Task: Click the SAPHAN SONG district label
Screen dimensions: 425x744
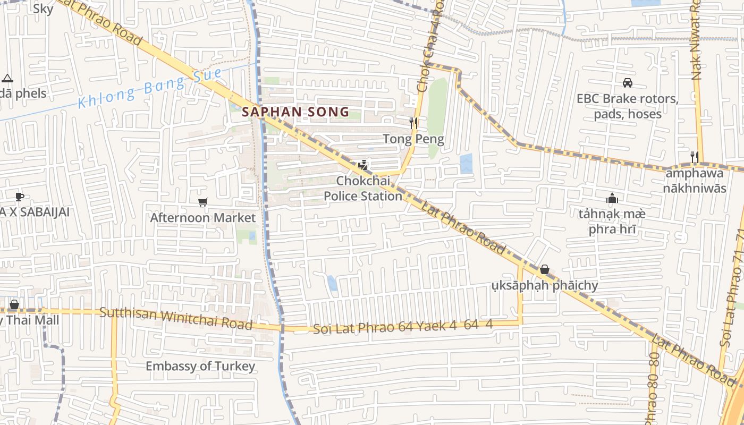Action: point(295,112)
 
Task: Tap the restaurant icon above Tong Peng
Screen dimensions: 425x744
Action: point(413,123)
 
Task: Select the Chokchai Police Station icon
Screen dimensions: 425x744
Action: point(363,165)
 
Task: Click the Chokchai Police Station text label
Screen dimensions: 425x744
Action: point(363,189)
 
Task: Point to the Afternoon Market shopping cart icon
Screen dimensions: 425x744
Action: point(202,202)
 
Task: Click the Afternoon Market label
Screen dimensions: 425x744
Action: point(202,218)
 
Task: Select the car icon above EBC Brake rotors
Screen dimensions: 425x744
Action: point(627,83)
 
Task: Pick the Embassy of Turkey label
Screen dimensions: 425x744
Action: point(200,366)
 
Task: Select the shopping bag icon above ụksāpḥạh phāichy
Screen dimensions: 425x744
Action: point(544,270)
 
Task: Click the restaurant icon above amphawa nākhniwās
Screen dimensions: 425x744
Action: point(694,156)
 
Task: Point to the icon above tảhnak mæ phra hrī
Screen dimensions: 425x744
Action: point(612,199)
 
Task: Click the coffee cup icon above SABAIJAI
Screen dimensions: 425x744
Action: point(20,197)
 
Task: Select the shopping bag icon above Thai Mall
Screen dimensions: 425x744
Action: point(14,304)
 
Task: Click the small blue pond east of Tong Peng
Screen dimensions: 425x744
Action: point(466,163)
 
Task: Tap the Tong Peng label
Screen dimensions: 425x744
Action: point(413,140)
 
